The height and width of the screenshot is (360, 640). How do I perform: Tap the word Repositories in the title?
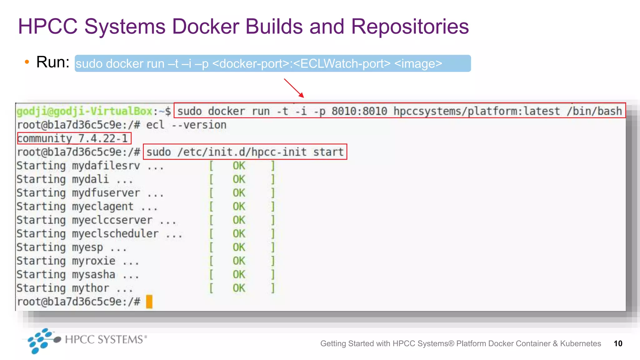(410, 26)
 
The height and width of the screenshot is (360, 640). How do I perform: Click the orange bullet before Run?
(27, 62)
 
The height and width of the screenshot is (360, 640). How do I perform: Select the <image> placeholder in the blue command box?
(418, 64)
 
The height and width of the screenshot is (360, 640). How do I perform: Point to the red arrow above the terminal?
(294, 88)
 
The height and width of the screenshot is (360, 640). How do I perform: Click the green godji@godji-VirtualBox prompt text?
(84, 111)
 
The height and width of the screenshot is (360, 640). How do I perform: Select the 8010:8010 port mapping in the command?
(359, 111)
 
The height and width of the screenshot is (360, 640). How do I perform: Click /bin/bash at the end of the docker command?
(594, 111)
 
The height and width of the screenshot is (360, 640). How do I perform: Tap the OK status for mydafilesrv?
(239, 166)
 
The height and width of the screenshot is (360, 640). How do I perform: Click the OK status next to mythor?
(239, 288)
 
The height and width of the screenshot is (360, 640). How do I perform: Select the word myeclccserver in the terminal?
(112, 220)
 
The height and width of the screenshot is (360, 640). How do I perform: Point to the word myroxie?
(93, 261)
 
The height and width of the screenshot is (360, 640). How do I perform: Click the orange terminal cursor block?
(149, 302)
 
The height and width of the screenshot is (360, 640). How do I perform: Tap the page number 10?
(618, 343)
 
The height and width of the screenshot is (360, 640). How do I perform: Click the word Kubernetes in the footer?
(580, 343)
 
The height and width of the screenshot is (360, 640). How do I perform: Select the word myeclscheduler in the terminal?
(115, 234)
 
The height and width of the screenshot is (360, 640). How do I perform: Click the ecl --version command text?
(186, 125)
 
